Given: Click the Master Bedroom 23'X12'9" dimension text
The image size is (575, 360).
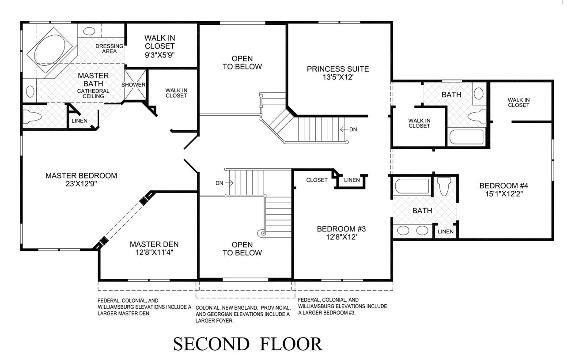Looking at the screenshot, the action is (81, 184).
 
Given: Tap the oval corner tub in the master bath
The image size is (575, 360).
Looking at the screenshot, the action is (52, 50).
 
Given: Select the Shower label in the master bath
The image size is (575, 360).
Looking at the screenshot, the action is (133, 85).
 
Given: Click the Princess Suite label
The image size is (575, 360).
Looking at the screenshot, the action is (338, 69).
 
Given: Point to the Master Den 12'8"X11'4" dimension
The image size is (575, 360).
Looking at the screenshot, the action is (154, 252).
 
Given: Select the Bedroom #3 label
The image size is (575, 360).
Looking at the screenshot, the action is (341, 229).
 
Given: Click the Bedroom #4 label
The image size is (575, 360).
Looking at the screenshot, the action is (503, 186).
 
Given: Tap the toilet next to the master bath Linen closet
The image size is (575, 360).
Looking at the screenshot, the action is (32, 117).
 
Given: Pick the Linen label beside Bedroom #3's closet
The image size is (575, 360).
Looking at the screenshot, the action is (352, 180).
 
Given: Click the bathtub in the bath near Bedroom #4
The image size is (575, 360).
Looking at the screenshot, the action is (412, 186).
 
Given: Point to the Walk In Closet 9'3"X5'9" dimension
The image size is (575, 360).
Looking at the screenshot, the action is (160, 55).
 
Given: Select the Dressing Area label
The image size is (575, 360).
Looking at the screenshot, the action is (110, 49).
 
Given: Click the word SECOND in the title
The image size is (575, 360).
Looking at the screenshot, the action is (211, 344).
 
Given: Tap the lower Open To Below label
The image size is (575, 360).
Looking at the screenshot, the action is (242, 249).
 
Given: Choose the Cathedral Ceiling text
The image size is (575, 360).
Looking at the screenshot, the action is (93, 94).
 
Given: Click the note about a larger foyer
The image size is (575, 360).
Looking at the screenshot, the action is (243, 314).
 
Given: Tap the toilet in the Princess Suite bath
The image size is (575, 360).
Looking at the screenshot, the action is (477, 116).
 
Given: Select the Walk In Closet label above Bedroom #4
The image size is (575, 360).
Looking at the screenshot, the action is (518, 102).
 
